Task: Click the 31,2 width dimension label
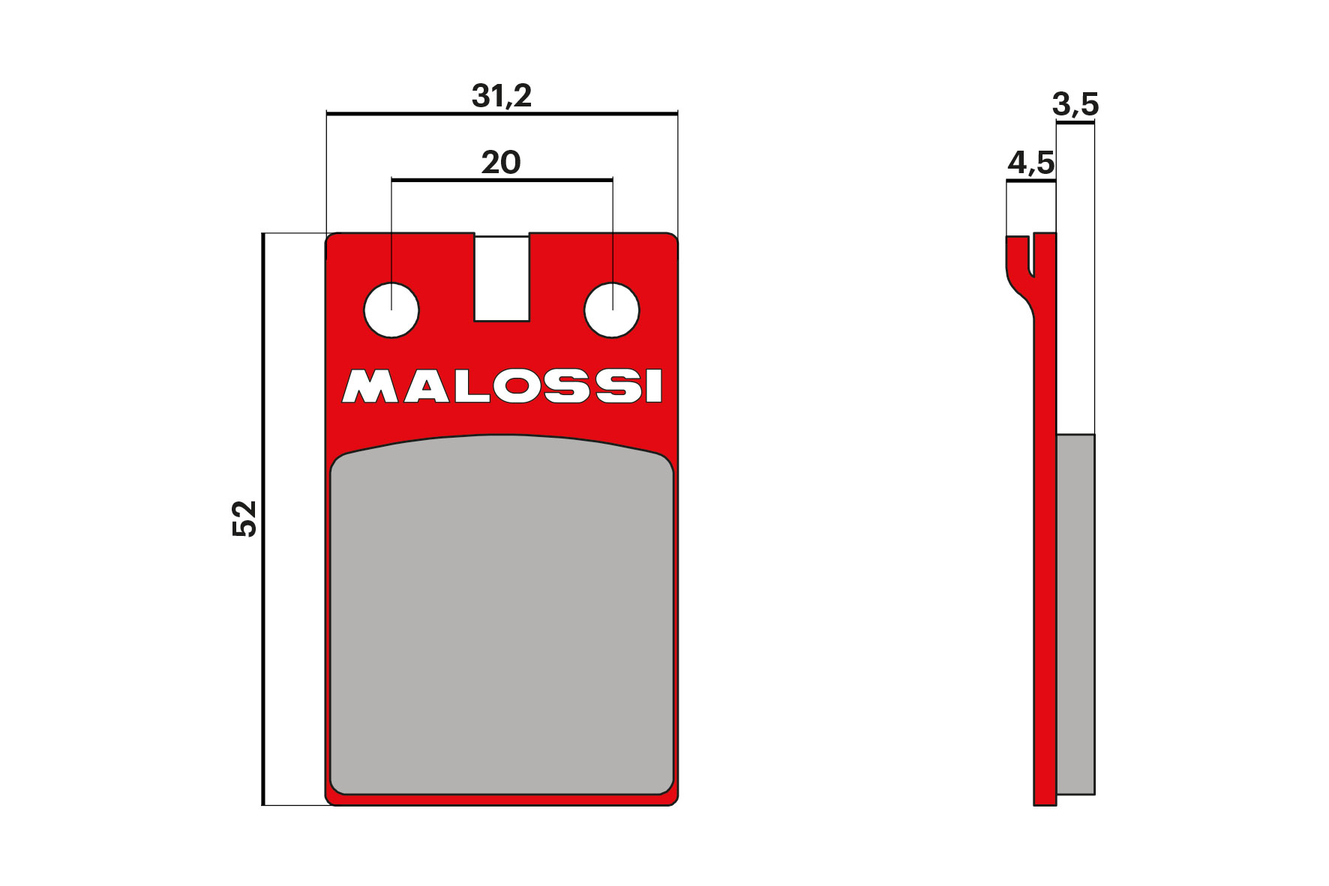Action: [501, 96]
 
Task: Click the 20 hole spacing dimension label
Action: [501, 163]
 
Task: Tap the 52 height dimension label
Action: [244, 518]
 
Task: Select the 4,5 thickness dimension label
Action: [1030, 163]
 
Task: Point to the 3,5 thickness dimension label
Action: [1075, 105]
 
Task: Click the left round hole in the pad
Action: [391, 310]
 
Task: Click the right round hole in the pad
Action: [611, 310]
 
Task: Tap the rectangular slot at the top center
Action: [502, 278]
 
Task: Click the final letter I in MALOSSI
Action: [654, 387]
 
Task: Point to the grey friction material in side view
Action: [1075, 615]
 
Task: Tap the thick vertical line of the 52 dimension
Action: [263, 519]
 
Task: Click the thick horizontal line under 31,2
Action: [501, 114]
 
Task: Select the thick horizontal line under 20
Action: [501, 180]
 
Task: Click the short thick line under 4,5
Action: [1030, 181]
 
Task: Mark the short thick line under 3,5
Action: [1075, 123]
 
